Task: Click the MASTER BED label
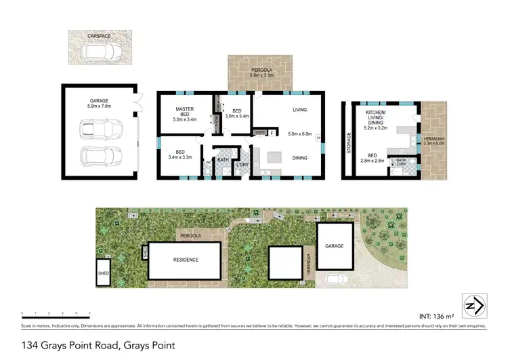pyautogui.click(x=185, y=113)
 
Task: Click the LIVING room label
pyautogui.click(x=300, y=109)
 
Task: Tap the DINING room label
pyautogui.click(x=300, y=157)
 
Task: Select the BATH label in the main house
pyautogui.click(x=223, y=160)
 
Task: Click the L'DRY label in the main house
pyautogui.click(x=241, y=165)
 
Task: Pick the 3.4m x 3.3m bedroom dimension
pyautogui.click(x=180, y=157)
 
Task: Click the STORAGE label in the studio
pyautogui.click(x=350, y=142)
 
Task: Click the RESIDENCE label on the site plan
pyautogui.click(x=184, y=260)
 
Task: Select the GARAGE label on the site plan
pyautogui.click(x=336, y=246)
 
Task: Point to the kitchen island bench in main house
pyautogui.click(x=275, y=157)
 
